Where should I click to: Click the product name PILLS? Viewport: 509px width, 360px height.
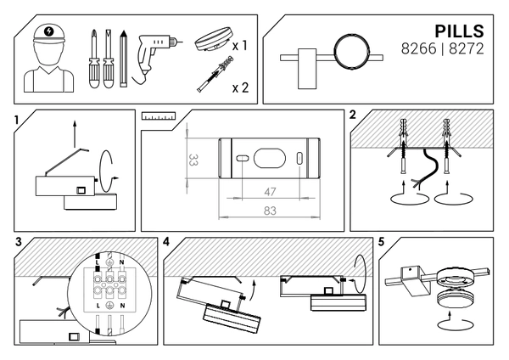point(459,31)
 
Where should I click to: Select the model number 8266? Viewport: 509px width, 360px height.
point(419,49)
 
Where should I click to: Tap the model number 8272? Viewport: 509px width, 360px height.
point(467,49)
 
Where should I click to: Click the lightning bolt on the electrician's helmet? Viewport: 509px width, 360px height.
point(49,31)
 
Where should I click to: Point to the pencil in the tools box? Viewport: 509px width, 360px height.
point(123,59)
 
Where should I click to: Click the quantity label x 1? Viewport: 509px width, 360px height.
point(240,46)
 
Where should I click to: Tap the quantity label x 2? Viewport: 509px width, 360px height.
point(241,87)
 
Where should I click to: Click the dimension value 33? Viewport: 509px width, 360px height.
point(193,160)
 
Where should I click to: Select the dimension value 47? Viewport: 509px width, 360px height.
point(270,192)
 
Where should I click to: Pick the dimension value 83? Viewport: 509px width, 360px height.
point(270,211)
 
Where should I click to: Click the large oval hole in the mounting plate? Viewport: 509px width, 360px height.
point(270,159)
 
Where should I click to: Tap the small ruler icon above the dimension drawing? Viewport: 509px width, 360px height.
point(159,116)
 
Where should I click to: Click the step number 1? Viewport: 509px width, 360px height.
point(17,121)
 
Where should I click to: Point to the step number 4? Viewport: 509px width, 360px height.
point(166,242)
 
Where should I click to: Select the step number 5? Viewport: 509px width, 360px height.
point(381,242)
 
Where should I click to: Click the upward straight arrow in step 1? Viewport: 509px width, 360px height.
point(75,134)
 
